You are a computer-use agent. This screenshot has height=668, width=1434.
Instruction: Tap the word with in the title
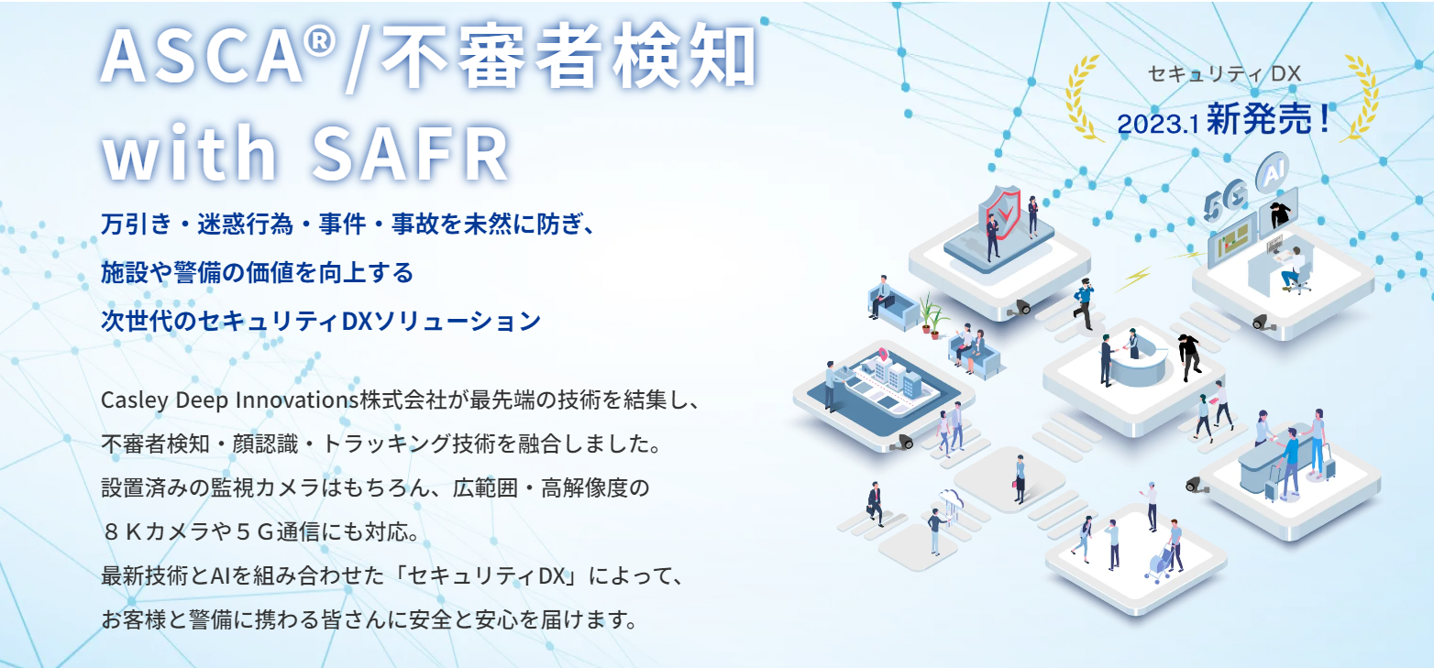click(x=190, y=151)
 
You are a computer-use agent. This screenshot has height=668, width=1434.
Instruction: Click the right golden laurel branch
click(x=1361, y=97)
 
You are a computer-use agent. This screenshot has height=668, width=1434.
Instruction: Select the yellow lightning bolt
click(x=1134, y=279)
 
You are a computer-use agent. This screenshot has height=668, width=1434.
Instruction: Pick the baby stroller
click(x=1160, y=563)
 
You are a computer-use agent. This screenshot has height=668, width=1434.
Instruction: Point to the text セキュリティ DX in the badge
click(x=1224, y=74)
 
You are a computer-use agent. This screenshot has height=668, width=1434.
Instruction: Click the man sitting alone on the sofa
click(x=881, y=297)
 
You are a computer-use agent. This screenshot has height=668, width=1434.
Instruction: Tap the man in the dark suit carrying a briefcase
click(x=875, y=504)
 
